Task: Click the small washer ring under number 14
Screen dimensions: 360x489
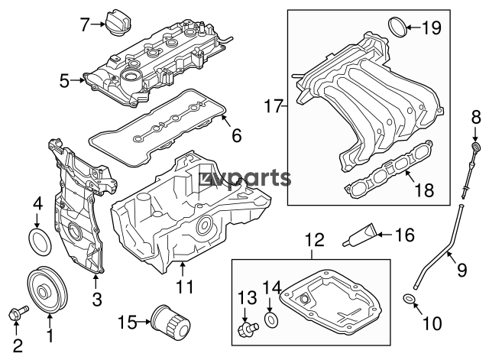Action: (x=271, y=318)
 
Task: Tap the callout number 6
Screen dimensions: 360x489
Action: (x=235, y=137)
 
